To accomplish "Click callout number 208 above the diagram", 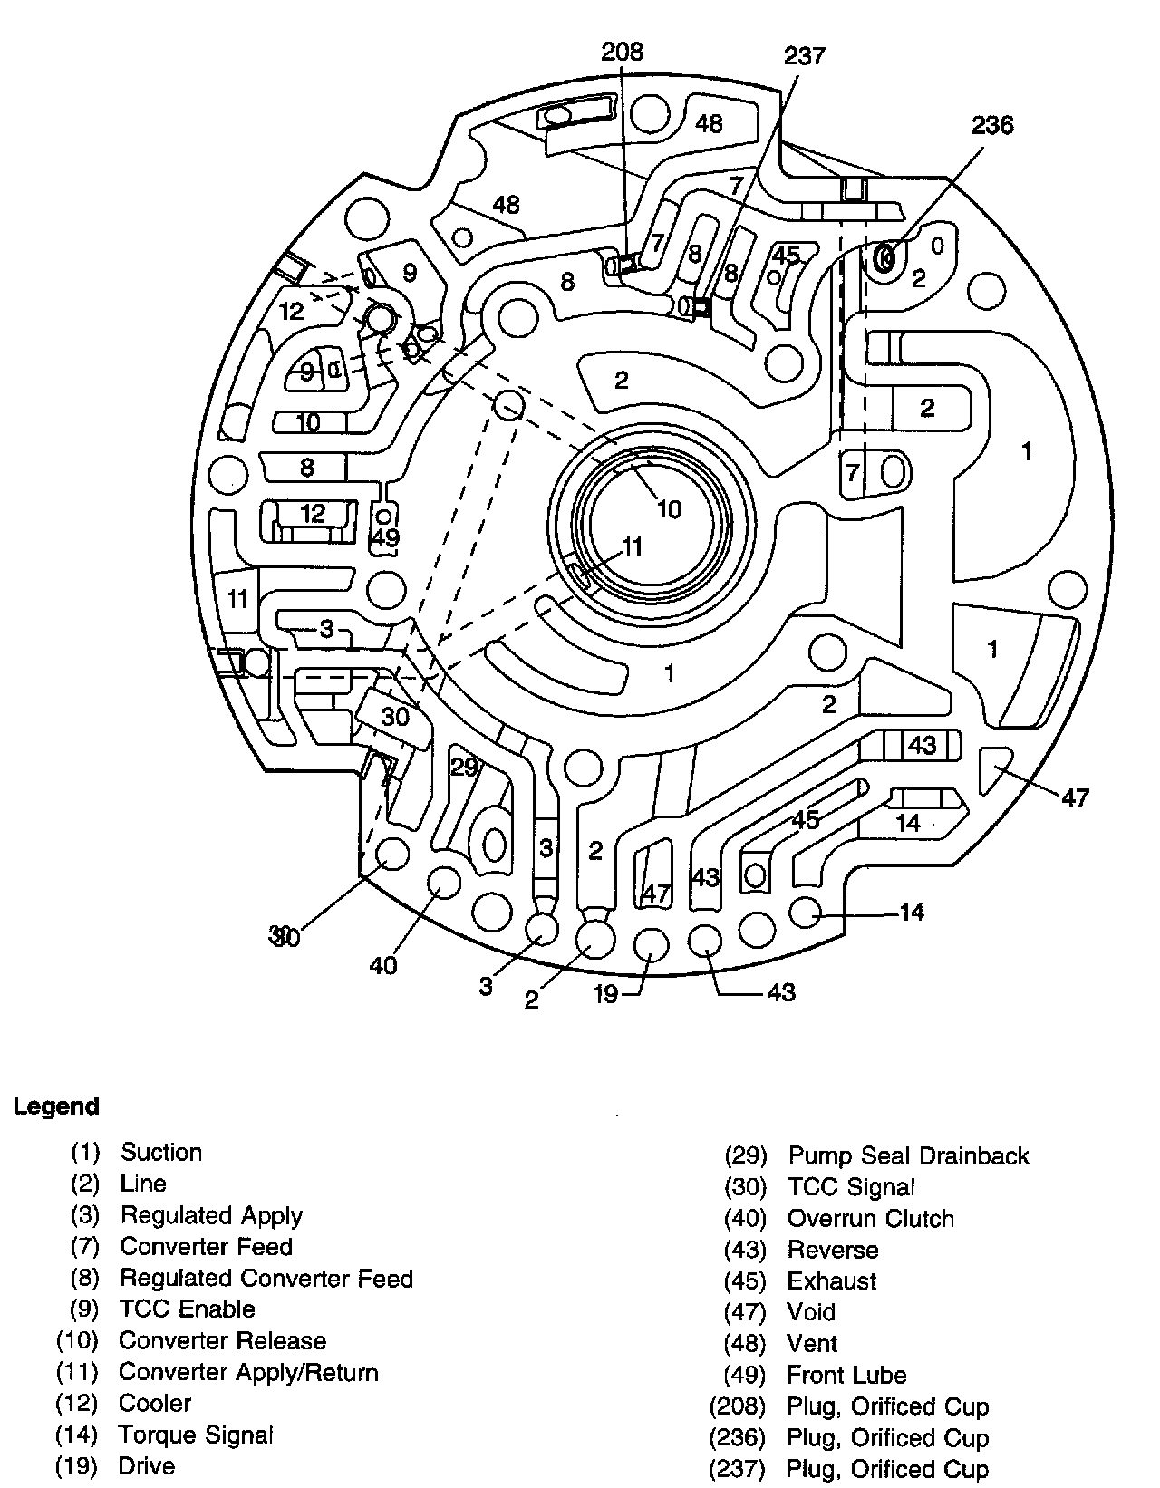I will (622, 52).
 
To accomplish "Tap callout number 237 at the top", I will (804, 56).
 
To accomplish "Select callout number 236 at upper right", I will (991, 125).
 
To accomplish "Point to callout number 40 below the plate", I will (383, 966).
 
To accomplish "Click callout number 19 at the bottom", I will (605, 995).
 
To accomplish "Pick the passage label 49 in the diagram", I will (386, 538).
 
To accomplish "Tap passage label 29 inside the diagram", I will (464, 768).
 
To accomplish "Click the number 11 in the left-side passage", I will (237, 599).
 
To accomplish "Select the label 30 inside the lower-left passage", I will (395, 717).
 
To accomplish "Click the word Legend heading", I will (56, 1106).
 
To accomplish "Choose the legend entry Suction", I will (161, 1153).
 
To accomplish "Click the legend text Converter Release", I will (222, 1341).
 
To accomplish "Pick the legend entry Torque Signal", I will (196, 1435).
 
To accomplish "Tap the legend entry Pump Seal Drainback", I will (908, 1156).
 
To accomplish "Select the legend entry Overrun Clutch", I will (870, 1219).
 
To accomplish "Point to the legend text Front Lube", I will (846, 1376).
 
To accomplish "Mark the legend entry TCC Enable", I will (187, 1309).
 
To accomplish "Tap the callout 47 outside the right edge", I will (1075, 798).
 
